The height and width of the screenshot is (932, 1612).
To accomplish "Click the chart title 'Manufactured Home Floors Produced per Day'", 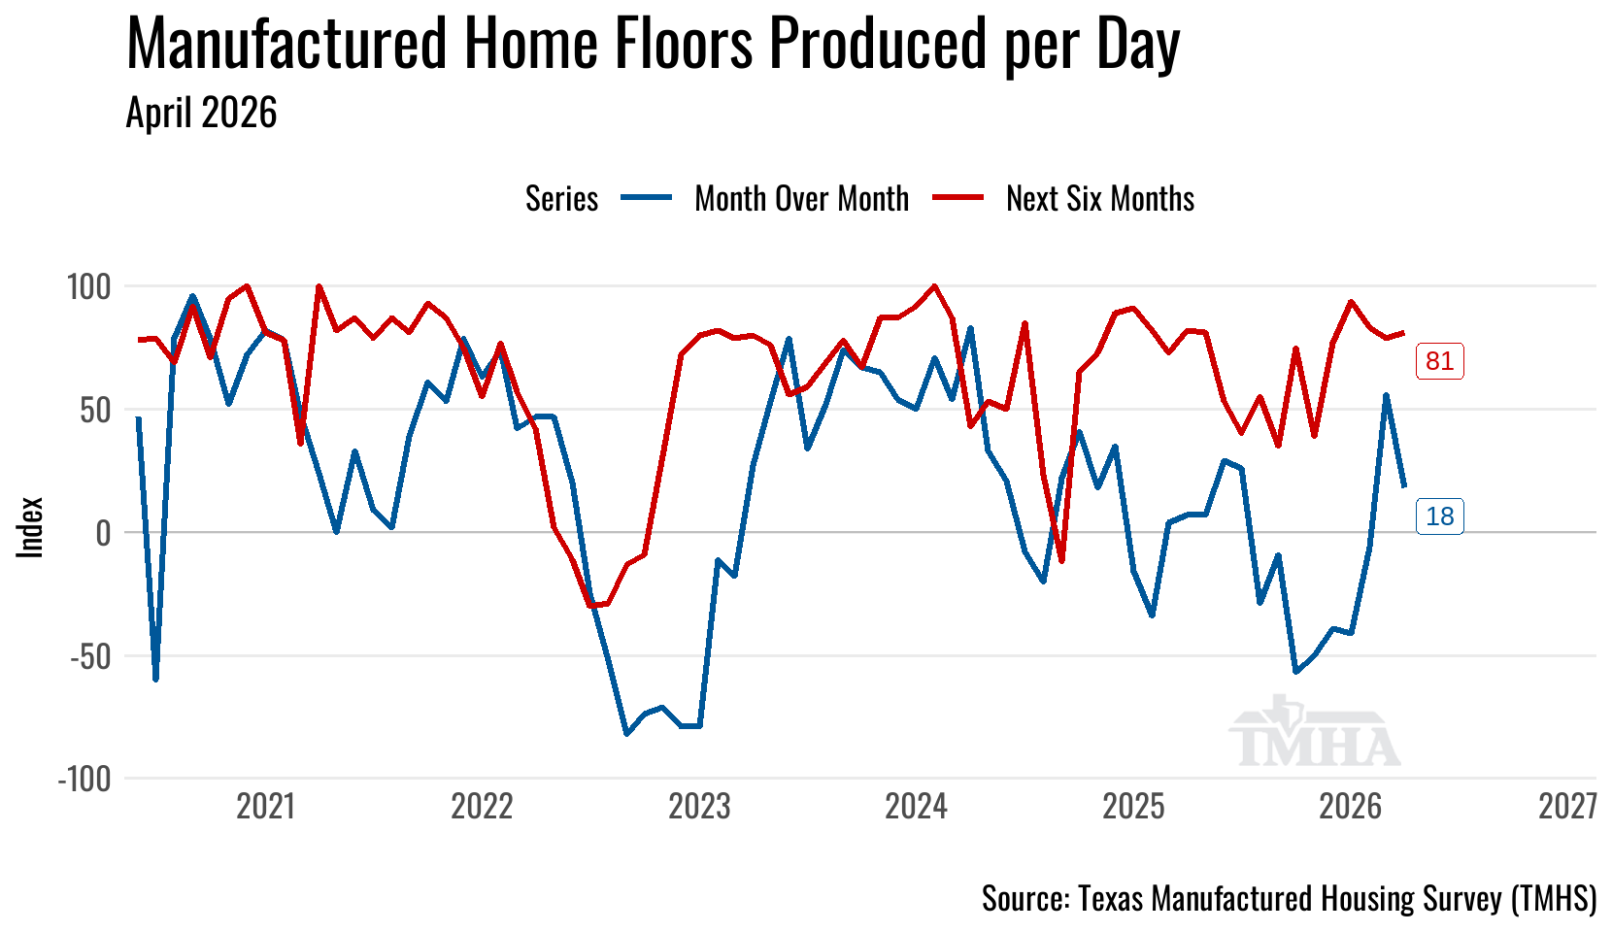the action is tap(653, 44).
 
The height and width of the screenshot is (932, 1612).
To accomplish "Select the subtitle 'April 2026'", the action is tap(202, 113).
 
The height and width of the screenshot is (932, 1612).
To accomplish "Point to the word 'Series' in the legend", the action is tap(561, 199).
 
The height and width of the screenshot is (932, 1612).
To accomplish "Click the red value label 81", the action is tap(1439, 360).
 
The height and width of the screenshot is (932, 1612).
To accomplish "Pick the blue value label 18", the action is tap(1439, 516).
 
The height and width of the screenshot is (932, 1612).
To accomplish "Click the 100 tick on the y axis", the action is tap(89, 287).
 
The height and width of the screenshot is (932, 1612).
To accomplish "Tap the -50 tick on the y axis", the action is tap(90, 656).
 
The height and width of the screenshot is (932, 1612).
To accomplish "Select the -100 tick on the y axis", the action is tap(84, 780).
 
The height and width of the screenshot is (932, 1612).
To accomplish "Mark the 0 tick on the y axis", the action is tap(104, 533).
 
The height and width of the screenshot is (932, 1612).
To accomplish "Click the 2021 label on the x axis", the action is tap(265, 807).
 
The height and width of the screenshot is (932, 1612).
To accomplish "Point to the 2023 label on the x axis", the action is tap(699, 807).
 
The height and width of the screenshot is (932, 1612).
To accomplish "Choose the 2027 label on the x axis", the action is tap(1568, 807).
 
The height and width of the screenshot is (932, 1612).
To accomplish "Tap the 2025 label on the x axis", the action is tap(1133, 807).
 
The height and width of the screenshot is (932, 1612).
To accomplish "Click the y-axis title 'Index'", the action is tap(30, 527).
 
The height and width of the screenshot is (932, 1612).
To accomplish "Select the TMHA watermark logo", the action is tap(1314, 730).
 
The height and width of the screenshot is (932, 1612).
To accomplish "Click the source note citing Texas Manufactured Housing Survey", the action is tap(1290, 899).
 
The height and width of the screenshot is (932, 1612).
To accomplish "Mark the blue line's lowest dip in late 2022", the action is tap(626, 734).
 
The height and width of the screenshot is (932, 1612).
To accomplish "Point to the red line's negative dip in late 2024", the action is tap(1061, 560).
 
